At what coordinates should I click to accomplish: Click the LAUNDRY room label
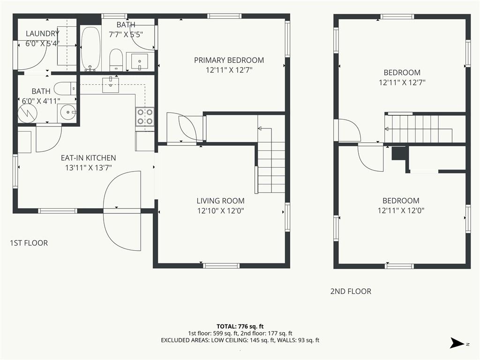pyautogui.click(x=42, y=33)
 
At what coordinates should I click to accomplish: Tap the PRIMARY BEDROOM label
pyautogui.click(x=229, y=60)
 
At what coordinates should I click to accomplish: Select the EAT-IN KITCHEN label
pyautogui.click(x=88, y=158)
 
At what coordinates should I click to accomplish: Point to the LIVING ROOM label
pyautogui.click(x=220, y=201)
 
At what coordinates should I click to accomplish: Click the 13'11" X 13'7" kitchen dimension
pyautogui.click(x=88, y=168)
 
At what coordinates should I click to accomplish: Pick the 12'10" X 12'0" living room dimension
pyautogui.click(x=220, y=210)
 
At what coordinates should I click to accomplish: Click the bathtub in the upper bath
pyautogui.click(x=90, y=49)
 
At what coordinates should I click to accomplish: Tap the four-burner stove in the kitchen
pyautogui.click(x=145, y=117)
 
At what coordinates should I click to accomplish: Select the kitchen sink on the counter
pyautogui.click(x=110, y=85)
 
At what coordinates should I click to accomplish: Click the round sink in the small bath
pyautogui.click(x=67, y=112)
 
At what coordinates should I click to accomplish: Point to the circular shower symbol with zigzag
pyautogui.click(x=27, y=113)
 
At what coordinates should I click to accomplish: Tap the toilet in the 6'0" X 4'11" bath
pyautogui.click(x=65, y=89)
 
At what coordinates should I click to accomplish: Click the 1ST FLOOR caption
pyautogui.click(x=29, y=243)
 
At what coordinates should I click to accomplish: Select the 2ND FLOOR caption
pyautogui.click(x=351, y=292)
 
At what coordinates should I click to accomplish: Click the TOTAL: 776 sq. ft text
pyautogui.click(x=240, y=326)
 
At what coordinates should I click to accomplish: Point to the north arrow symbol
pyautogui.click(x=457, y=343)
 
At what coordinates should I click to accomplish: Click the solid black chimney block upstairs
pyautogui.click(x=399, y=153)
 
